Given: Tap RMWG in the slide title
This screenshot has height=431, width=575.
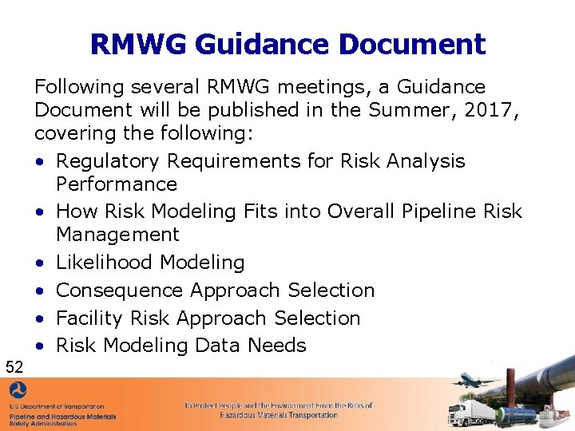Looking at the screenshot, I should tap(135, 44).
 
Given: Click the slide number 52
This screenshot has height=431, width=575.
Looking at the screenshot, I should tap(14, 367).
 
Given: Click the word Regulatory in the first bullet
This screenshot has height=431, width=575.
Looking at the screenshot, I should tap(108, 161).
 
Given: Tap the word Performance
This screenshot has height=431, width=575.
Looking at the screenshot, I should tap(117, 184).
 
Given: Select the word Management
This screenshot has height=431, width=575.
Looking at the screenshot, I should tap(117, 235).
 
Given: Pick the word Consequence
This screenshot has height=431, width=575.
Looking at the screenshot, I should tap(112, 290).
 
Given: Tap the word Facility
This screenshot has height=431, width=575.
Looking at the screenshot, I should tap(84, 318).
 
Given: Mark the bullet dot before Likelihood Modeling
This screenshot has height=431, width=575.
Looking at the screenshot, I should tap(39, 263).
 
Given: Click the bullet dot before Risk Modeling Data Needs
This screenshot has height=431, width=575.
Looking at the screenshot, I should tap(39, 346).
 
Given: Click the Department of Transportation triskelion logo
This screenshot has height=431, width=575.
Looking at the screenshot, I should tap(18, 393).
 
